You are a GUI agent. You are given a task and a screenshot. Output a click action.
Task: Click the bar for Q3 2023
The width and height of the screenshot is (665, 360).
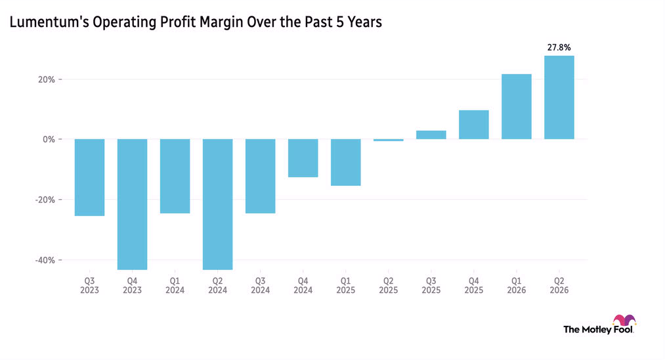[89, 177]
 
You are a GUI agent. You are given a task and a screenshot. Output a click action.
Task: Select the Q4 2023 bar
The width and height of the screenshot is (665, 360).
[133, 204]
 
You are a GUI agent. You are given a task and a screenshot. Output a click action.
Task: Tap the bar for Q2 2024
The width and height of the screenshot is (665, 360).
[217, 204]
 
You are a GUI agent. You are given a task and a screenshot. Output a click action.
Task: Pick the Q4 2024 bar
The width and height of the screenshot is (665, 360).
[303, 158]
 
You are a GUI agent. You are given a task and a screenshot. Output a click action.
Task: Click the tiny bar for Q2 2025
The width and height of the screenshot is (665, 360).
[389, 140]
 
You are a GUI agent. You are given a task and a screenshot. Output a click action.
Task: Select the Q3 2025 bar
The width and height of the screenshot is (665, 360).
[431, 135]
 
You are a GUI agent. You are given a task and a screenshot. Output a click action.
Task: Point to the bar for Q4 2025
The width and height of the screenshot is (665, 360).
[474, 125]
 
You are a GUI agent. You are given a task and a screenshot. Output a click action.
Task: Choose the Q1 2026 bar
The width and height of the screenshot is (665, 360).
[517, 106]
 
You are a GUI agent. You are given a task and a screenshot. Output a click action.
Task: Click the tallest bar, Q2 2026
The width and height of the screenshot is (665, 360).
[559, 97]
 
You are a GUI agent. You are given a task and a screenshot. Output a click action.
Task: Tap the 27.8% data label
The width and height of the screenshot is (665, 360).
[559, 47]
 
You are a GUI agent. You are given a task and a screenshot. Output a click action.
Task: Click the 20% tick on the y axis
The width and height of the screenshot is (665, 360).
[47, 79]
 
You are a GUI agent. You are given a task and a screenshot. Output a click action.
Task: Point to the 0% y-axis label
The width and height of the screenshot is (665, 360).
[49, 139]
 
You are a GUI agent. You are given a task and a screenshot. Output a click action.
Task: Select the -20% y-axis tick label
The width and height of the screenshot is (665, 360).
[45, 200]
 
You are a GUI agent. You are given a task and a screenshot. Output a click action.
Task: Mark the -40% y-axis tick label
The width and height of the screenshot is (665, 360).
[45, 259]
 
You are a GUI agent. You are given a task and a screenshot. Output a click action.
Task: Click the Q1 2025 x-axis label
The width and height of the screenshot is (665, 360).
[346, 285]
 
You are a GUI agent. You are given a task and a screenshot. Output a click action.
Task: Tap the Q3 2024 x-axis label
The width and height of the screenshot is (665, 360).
[261, 285]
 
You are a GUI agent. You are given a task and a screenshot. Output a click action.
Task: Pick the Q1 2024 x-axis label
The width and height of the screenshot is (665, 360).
[175, 285]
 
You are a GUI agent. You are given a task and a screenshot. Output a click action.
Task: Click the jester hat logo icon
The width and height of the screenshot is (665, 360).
[624, 320]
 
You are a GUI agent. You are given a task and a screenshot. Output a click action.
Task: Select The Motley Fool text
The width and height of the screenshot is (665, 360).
[599, 329]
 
